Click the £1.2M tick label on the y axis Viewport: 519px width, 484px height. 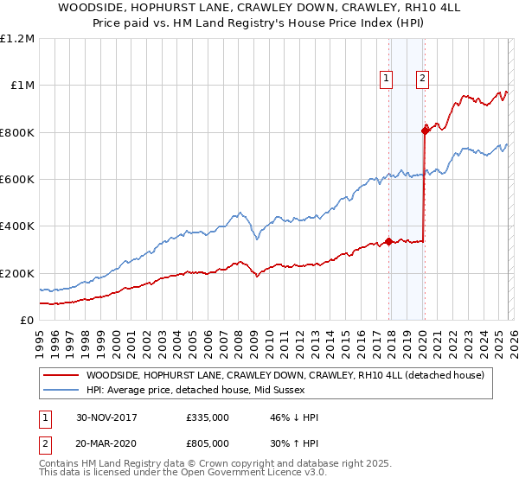click(18, 38)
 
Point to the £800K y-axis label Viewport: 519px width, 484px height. click(18, 132)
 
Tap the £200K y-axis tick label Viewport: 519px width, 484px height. click(18, 273)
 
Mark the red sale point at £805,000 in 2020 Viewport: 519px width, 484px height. click(425, 131)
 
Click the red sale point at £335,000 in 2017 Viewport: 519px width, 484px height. click(389, 241)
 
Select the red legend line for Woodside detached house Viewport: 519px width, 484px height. click(61, 375)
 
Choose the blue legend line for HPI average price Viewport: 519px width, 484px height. click(61, 390)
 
